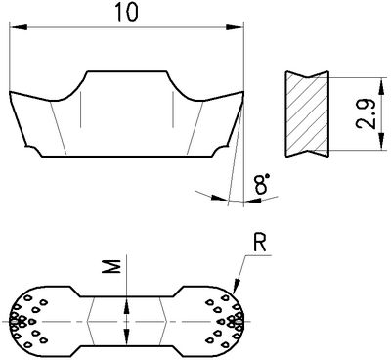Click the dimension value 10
click(127, 13)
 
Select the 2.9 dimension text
click(366, 114)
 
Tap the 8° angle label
click(263, 184)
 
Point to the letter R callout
click(260, 243)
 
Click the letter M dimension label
click(111, 266)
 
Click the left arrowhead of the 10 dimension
click(19, 27)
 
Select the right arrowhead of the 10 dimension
click(235, 27)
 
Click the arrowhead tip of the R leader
click(234, 292)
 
